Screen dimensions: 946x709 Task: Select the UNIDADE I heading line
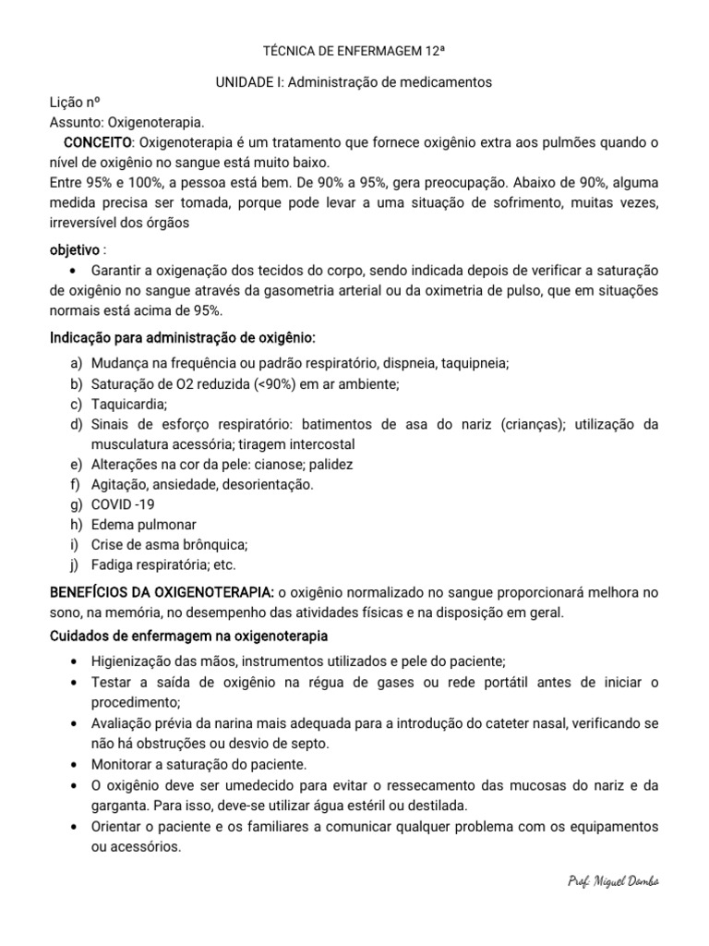[354, 82]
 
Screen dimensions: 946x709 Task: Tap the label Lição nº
[75, 102]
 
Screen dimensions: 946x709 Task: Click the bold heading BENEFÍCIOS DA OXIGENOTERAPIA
[162, 590]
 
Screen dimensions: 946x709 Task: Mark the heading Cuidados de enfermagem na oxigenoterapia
[188, 637]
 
